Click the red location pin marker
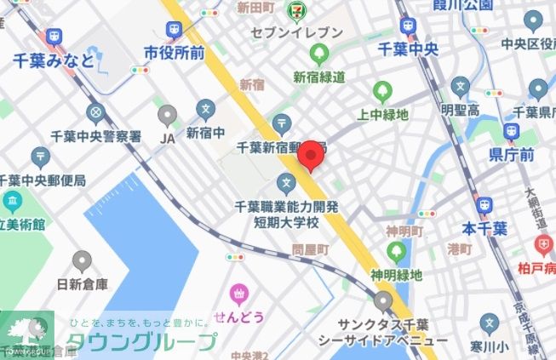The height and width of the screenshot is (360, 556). (312, 157)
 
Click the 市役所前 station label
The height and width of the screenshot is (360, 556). (175, 53)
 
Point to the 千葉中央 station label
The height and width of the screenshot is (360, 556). (408, 49)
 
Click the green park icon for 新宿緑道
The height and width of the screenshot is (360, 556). (320, 55)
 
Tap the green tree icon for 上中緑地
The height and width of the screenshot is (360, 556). (382, 92)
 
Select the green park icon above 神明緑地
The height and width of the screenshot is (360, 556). (396, 252)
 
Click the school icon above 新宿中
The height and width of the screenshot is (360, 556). (205, 110)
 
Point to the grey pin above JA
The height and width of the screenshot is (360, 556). (168, 113)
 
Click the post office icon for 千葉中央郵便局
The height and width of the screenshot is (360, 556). (40, 157)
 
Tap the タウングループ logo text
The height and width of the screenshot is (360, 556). (141, 342)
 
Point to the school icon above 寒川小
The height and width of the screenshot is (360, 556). (489, 323)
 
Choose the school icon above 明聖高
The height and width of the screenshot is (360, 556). (461, 86)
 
